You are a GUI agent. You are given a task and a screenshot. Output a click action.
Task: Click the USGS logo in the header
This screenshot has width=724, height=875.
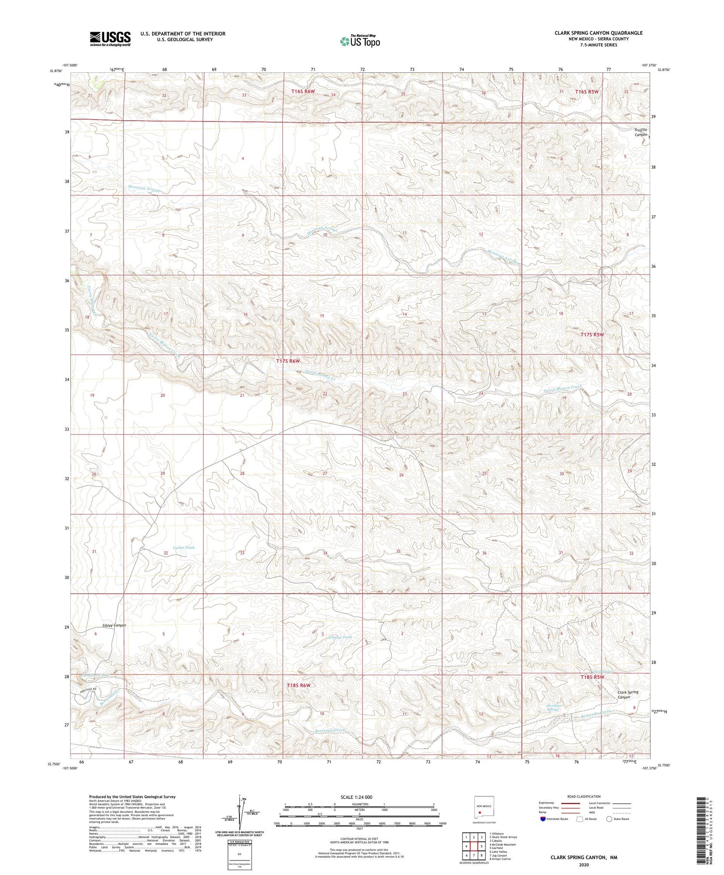coord(110,39)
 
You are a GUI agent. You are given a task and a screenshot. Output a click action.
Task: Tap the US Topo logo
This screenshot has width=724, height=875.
coord(360,41)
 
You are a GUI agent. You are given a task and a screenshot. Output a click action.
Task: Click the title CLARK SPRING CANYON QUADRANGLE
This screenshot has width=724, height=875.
coord(598,33)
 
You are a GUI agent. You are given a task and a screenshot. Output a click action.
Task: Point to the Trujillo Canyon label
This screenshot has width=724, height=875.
coord(640,132)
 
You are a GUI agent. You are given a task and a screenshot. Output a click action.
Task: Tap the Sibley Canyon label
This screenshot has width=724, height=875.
coord(114,625)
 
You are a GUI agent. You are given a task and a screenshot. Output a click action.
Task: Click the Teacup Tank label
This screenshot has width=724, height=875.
coord(340,637)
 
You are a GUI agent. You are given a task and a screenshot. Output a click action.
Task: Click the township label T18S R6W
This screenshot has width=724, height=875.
coord(298,685)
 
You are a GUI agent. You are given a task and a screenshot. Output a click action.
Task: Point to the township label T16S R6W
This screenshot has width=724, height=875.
coord(303,91)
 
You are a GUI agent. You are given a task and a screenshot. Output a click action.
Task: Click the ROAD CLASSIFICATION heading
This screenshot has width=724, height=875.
coord(584,796)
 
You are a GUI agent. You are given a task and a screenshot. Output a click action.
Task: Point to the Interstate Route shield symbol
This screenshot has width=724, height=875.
coord(543,819)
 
